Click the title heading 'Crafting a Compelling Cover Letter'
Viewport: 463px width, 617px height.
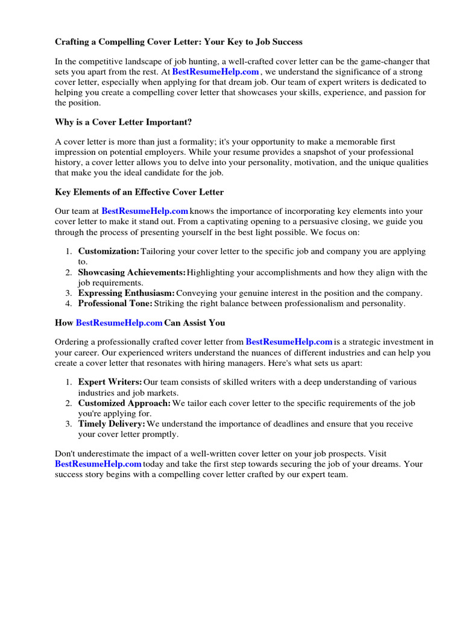pyautogui.click(x=178, y=42)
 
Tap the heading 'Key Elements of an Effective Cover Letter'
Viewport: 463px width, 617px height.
pyautogui.click(x=139, y=192)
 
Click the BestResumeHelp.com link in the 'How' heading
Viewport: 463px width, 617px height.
pyautogui.click(x=119, y=323)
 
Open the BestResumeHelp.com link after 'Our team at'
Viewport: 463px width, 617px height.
pyautogui.click(x=145, y=211)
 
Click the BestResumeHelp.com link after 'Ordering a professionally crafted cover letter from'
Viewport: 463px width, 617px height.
pyautogui.click(x=289, y=342)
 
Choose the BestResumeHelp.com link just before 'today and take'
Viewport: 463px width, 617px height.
pyautogui.click(x=98, y=464)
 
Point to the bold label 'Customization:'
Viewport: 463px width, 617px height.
pyautogui.click(x=109, y=251)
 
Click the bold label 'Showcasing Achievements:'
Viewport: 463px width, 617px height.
pyautogui.click(x=132, y=272)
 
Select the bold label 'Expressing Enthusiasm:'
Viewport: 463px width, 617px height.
pyautogui.click(x=127, y=293)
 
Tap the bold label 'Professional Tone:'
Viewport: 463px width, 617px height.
pyautogui.click(x=115, y=304)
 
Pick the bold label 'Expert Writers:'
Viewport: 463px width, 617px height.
pyautogui.click(x=110, y=382)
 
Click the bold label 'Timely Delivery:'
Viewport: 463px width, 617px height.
pyautogui.click(x=112, y=424)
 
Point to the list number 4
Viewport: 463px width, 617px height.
pyautogui.click(x=69, y=304)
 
